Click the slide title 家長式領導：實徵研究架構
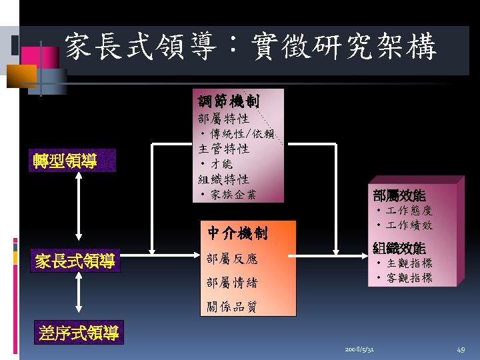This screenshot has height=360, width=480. (x=250, y=48)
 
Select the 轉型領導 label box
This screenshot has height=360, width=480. (x=66, y=161)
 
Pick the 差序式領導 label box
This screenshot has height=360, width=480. (x=79, y=333)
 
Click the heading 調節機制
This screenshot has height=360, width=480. (x=228, y=101)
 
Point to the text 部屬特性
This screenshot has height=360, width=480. (x=224, y=119)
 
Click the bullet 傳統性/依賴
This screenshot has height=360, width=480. (x=244, y=134)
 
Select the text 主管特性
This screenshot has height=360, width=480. (x=224, y=149)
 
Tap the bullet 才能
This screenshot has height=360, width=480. (x=217, y=164)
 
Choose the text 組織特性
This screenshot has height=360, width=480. (x=224, y=179)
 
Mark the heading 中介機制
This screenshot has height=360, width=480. (x=237, y=233)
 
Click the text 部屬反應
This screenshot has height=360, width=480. (x=232, y=259)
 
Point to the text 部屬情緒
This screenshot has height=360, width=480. (x=232, y=283)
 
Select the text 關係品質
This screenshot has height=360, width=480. (x=232, y=307)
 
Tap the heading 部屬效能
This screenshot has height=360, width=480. (x=399, y=196)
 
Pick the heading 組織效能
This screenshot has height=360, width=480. (x=399, y=248)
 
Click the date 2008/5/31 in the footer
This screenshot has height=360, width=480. (x=359, y=349)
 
